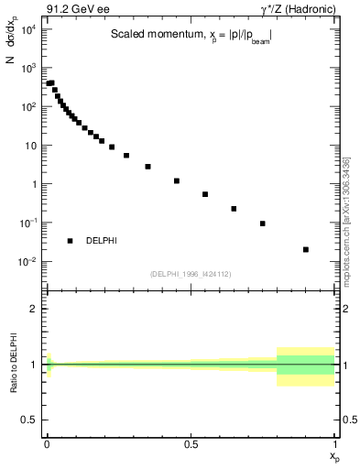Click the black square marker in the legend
pos(70,241)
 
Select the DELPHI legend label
pos(101,241)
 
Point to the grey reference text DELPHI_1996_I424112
pos(189,273)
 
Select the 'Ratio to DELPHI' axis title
pos(11,365)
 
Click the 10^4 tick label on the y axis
pos(27,29)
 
